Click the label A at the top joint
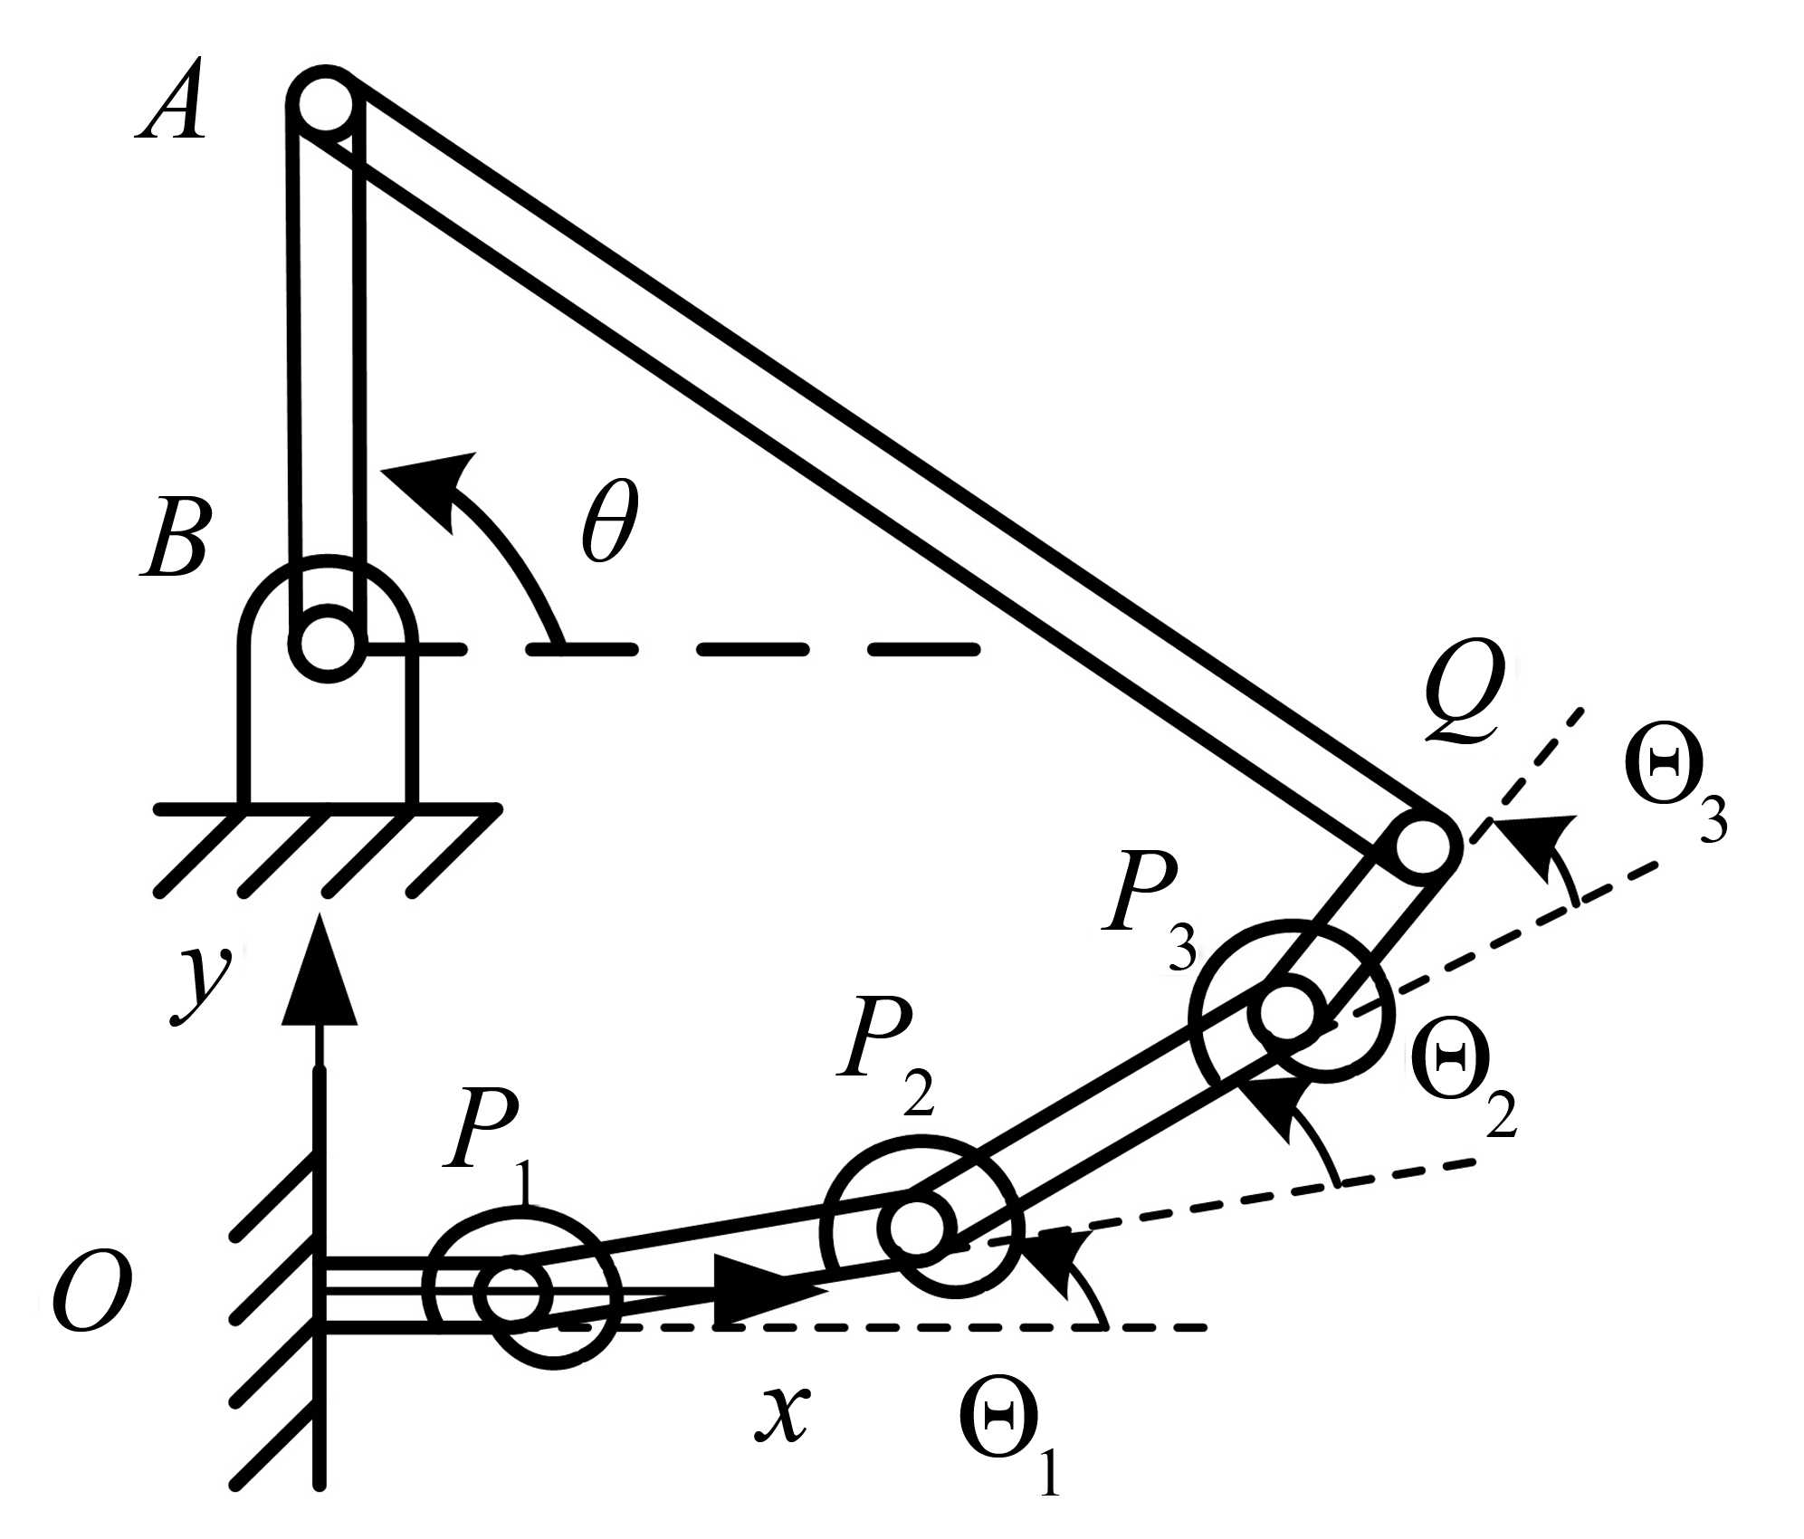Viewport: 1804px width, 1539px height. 172,106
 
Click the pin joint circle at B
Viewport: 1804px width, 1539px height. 327,645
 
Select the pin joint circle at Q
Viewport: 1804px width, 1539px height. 1422,846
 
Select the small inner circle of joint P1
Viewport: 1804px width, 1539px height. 513,1294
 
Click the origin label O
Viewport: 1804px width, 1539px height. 91,1292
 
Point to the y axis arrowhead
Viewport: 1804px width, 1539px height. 319,973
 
